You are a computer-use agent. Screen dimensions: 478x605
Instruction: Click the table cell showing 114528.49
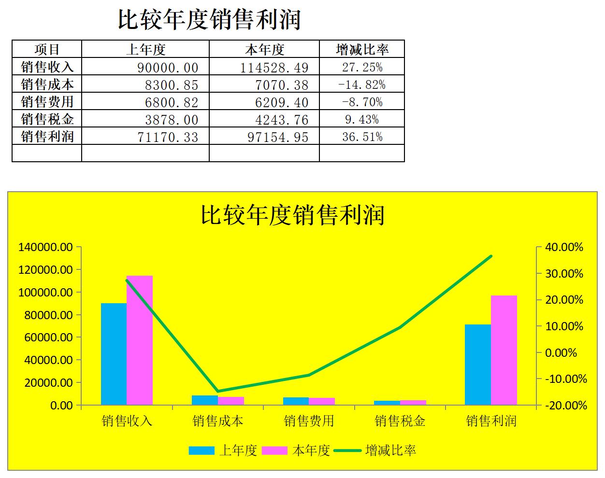pyautogui.click(x=274, y=67)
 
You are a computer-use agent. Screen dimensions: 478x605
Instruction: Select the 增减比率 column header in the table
pyautogui.click(x=362, y=49)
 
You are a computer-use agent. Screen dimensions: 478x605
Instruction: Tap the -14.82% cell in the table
pyautogui.click(x=362, y=84)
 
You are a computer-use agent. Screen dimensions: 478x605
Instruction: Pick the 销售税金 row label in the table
pyautogui.click(x=47, y=119)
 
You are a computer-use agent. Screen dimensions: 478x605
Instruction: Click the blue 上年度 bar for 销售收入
pyautogui.click(x=114, y=353)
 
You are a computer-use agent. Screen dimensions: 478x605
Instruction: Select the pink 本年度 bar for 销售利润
pyautogui.click(x=504, y=350)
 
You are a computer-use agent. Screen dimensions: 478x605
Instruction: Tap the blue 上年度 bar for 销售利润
pyautogui.click(x=478, y=364)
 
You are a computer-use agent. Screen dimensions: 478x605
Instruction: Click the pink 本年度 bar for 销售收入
pyautogui.click(x=140, y=340)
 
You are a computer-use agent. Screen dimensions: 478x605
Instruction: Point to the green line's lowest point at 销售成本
pyautogui.click(x=218, y=391)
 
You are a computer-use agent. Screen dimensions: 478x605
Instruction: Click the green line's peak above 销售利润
pyautogui.click(x=491, y=256)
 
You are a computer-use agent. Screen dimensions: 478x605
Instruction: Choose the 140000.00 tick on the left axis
pyautogui.click(x=45, y=247)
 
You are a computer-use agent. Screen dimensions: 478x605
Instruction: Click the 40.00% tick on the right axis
pyautogui.click(x=564, y=247)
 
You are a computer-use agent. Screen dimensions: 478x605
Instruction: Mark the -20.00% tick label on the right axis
pyautogui.click(x=566, y=406)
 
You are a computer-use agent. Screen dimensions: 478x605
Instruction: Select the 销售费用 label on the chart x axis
pyautogui.click(x=309, y=421)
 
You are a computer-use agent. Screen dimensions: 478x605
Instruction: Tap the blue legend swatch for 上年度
pyautogui.click(x=201, y=450)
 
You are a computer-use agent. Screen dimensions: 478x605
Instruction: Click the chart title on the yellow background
pyautogui.click(x=292, y=215)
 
